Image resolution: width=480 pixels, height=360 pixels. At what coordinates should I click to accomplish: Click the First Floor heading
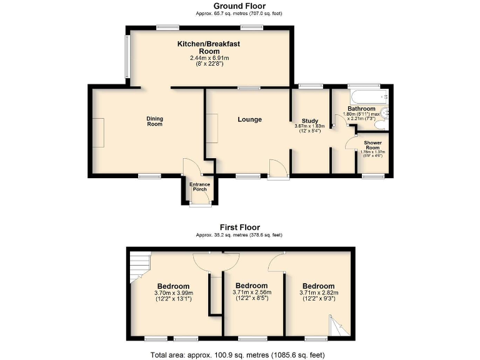(x=239, y=227)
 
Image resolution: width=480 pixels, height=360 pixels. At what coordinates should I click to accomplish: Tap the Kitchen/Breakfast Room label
(x=209, y=47)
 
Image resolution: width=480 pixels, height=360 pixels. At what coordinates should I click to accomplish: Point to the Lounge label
(x=249, y=119)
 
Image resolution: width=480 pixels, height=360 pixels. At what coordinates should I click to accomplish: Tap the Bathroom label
(x=361, y=108)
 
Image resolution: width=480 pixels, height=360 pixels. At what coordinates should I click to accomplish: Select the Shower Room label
(x=373, y=145)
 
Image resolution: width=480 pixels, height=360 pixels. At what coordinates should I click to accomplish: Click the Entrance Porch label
(x=201, y=186)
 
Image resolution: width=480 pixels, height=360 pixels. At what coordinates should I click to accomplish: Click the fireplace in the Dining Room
(x=99, y=132)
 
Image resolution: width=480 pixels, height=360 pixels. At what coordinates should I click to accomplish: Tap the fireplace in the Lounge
(x=212, y=128)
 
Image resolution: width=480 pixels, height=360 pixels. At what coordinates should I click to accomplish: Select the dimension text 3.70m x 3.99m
(x=173, y=293)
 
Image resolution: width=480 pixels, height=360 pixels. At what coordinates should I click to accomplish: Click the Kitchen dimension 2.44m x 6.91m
(x=209, y=58)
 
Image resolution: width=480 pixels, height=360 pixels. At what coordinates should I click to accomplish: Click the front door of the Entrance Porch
(x=201, y=204)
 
